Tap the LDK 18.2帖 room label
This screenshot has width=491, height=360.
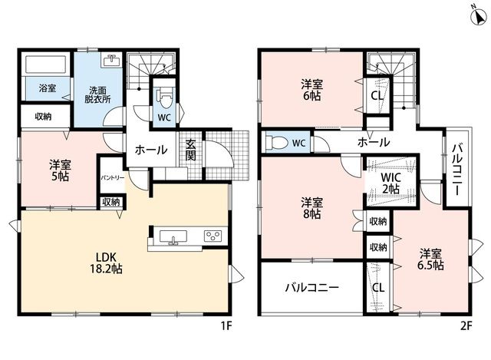point(106,263)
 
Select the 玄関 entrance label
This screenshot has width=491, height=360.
point(190,150)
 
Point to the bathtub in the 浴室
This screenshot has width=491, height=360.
point(45,64)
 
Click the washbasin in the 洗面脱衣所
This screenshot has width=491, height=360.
point(112,60)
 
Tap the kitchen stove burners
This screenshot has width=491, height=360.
point(213,236)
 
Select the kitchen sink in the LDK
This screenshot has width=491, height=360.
point(173,236)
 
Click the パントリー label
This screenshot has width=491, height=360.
point(113,178)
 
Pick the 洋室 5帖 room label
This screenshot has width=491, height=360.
point(60,170)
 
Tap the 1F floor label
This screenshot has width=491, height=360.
point(226,326)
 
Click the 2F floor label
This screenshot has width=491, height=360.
point(466,326)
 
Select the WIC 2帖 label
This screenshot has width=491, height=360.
point(390,183)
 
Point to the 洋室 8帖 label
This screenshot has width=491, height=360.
point(311,208)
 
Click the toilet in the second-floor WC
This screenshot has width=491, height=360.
point(276,143)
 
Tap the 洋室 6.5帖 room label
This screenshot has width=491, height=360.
point(430,259)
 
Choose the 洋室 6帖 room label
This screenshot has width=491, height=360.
point(311,90)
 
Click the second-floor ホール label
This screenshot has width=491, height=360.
point(374,142)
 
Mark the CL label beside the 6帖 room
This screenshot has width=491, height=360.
point(377,95)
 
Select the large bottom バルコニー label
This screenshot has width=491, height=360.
point(312,287)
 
